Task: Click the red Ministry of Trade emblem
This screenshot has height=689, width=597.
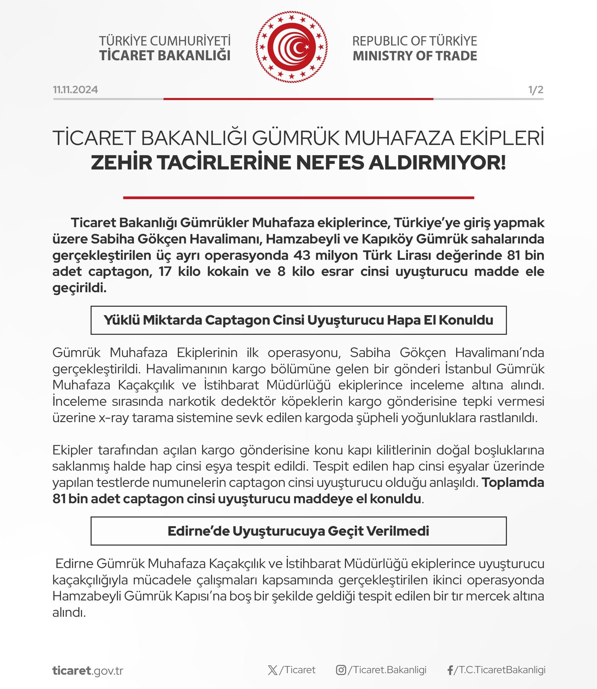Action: (x=291, y=47)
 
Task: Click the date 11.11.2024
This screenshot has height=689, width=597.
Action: (x=75, y=90)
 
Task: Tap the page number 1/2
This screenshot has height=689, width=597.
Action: (x=535, y=90)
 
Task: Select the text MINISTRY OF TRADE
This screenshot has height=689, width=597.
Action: (x=415, y=56)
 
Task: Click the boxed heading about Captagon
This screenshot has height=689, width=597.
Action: (x=298, y=320)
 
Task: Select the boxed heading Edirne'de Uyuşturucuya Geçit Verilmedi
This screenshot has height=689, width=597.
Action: (x=298, y=531)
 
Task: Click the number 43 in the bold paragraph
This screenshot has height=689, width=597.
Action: (x=302, y=255)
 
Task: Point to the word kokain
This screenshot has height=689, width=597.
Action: (x=228, y=271)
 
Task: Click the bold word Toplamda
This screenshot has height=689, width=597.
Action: (x=513, y=482)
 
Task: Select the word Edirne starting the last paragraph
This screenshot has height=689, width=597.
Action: (x=74, y=564)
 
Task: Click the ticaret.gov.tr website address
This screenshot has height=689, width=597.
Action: (x=88, y=670)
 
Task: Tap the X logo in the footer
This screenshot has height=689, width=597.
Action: (x=272, y=670)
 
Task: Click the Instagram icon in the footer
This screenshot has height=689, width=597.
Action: (x=341, y=670)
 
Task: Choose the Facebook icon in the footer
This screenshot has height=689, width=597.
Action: (x=450, y=670)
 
